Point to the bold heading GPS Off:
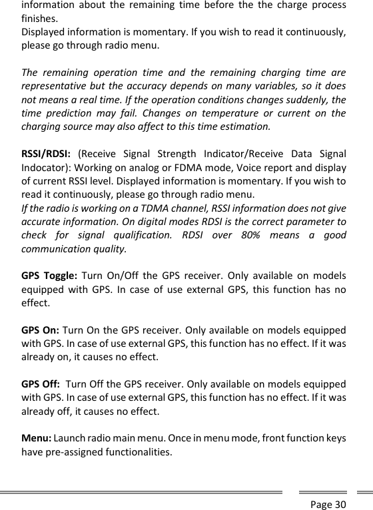(41, 386)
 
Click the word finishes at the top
(39, 18)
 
